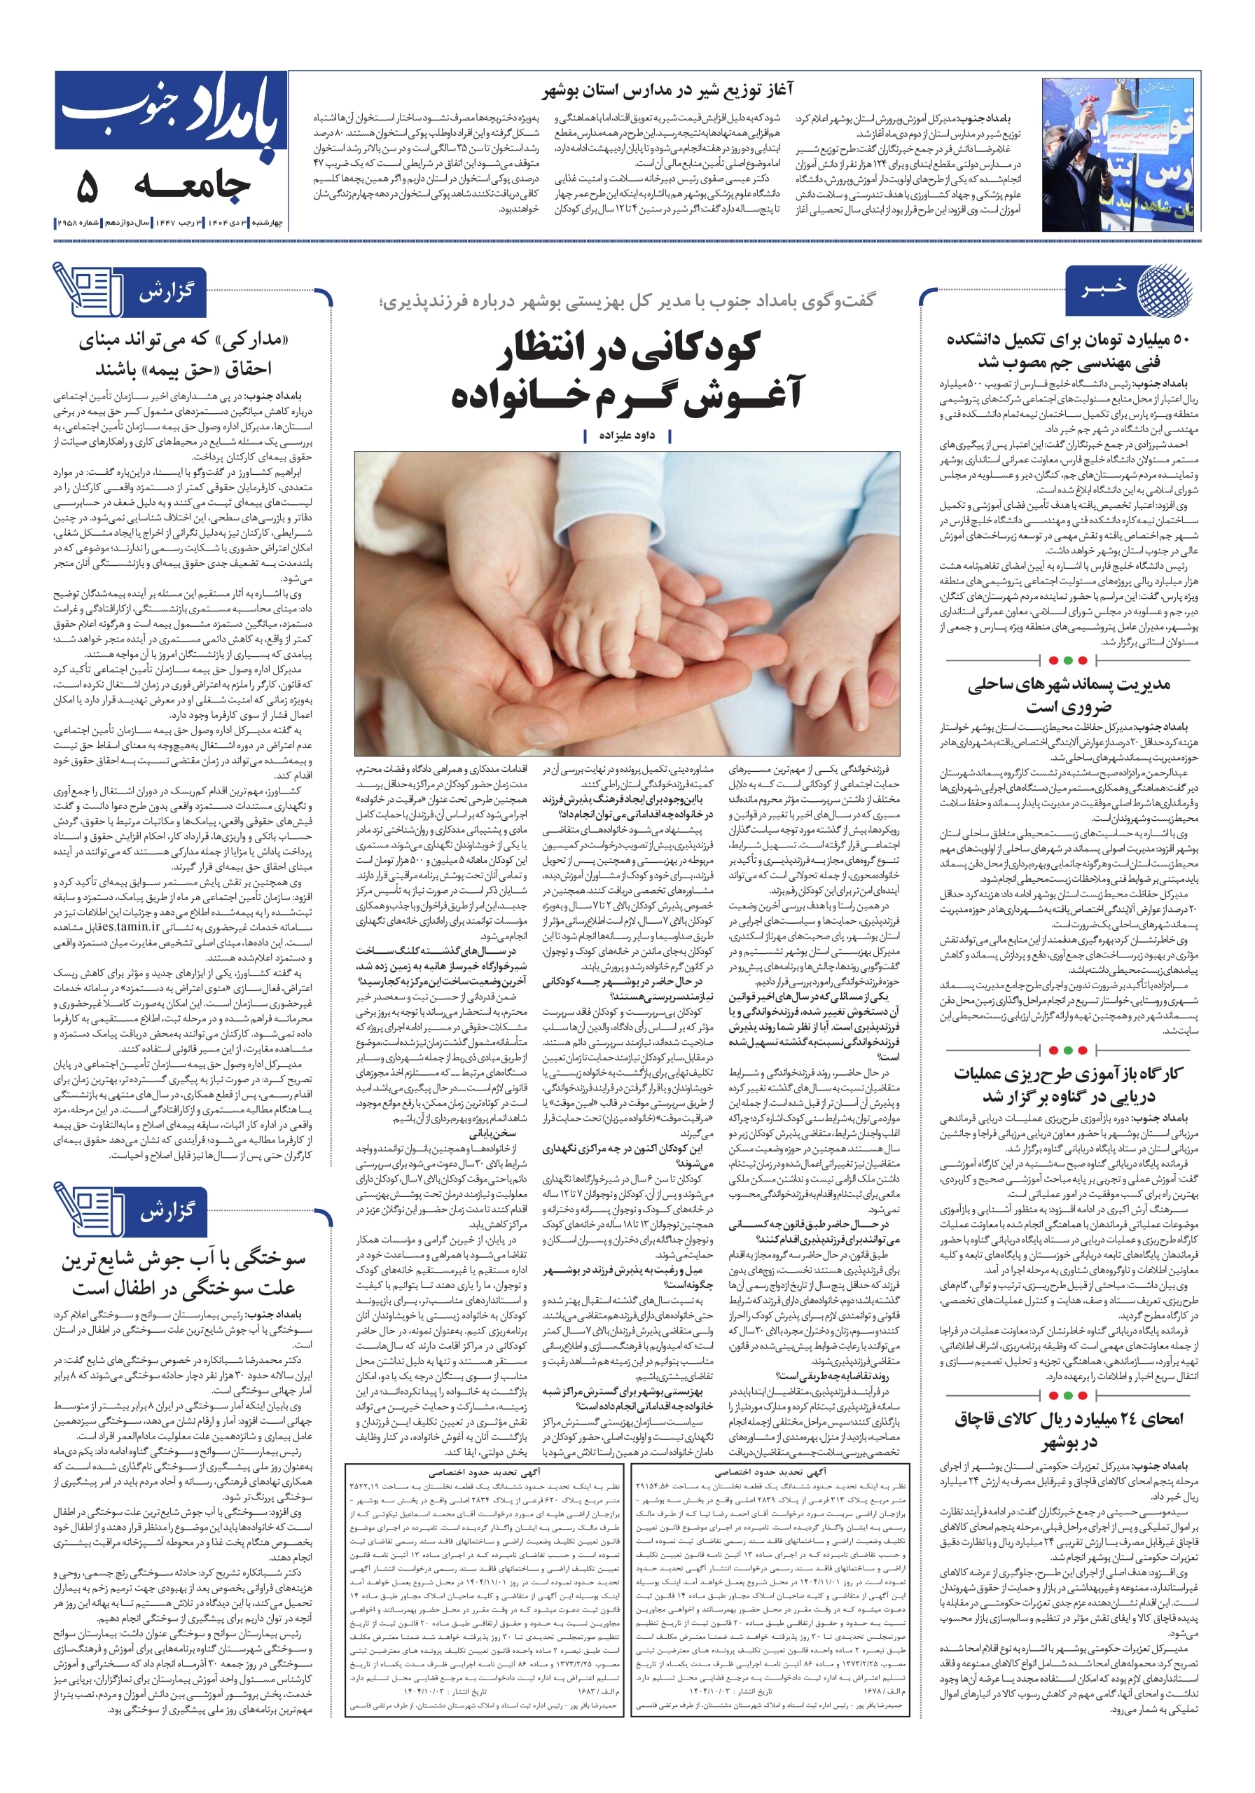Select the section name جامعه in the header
(x=192, y=186)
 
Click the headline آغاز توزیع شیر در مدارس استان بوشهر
(x=667, y=90)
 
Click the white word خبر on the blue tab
(x=1104, y=290)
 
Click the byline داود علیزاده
(x=626, y=435)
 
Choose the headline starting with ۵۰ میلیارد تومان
(x=1067, y=351)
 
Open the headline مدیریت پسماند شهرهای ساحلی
(x=1068, y=694)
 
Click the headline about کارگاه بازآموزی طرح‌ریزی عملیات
(x=1068, y=1084)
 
